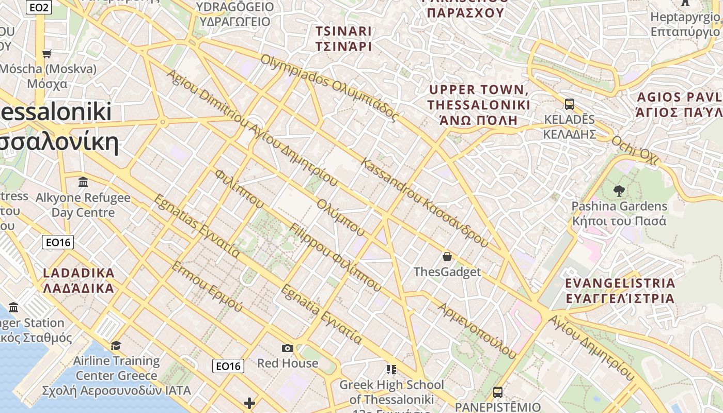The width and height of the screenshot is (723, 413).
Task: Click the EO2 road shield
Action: point(40,7)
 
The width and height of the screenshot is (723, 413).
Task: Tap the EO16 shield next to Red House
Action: point(228,366)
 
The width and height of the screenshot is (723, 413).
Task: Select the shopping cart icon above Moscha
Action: point(47,54)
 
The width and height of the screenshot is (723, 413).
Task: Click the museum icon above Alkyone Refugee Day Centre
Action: point(83,182)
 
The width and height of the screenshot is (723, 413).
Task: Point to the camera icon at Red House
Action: point(288,348)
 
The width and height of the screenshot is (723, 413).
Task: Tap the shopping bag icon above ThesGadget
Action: point(447,257)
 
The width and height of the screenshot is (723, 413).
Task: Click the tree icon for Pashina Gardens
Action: point(618,191)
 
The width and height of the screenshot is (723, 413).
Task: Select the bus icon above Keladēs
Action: point(570,104)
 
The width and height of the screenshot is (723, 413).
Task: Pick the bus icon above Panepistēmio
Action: point(497,392)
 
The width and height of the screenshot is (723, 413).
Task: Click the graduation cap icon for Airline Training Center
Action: point(116,345)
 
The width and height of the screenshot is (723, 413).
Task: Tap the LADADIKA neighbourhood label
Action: point(78,280)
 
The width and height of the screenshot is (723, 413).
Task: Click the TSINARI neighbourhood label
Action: point(343,39)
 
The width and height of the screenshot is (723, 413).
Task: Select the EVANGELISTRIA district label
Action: point(620,291)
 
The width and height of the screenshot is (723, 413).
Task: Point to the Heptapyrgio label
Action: point(685,24)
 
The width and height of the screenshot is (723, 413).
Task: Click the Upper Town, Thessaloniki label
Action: point(479,105)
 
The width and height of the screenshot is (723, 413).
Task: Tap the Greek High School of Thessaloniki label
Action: point(391,392)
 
